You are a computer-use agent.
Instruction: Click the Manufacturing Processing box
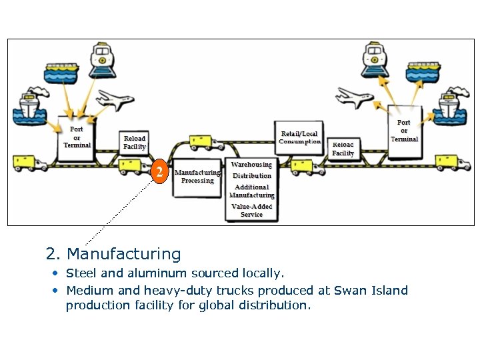click(197, 177)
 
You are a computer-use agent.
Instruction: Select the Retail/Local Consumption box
click(300, 138)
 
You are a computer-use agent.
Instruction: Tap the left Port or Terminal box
click(77, 137)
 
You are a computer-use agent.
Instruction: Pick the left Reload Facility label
click(135, 142)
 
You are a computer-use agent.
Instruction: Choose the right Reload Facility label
click(343, 149)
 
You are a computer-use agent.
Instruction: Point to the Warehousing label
click(251, 164)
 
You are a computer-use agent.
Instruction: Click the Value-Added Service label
click(251, 211)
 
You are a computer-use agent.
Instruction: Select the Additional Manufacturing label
click(251, 191)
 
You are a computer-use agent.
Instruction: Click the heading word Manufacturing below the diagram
click(124, 254)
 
